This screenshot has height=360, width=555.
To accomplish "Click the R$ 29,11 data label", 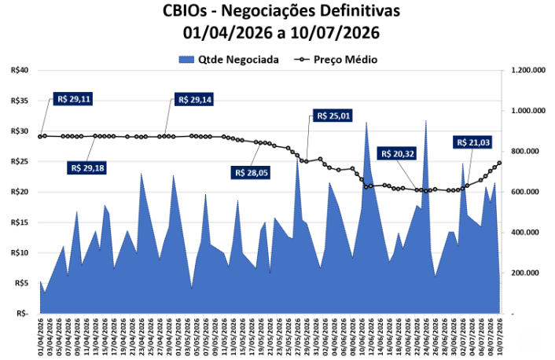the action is tap(73, 99).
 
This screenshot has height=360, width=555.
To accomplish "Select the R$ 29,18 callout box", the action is tap(87, 167).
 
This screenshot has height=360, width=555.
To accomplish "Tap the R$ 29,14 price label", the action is tap(194, 100).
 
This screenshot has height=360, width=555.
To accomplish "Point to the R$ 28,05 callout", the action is tap(251, 173).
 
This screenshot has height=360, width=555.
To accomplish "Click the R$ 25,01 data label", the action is tap(333, 116).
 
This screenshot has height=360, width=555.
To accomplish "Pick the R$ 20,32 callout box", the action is tap(397, 153).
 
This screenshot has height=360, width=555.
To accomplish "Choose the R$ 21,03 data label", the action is tap(473, 142).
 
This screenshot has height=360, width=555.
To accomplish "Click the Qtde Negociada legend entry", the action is tap(229, 60).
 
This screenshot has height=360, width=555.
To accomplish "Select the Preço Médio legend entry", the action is tap(336, 60).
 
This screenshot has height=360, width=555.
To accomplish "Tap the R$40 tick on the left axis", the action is tap(19, 70).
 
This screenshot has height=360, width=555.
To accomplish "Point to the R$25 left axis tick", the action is tap(19, 161).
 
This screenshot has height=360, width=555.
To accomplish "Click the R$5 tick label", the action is tap(21, 283).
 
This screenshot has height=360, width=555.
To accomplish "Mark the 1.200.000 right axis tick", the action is tap(528, 70).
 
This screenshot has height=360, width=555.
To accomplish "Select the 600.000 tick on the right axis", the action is tap(528, 192).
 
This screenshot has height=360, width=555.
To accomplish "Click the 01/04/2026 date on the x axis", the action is tap(40, 336).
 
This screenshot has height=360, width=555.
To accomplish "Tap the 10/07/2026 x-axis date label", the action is tap(500, 336).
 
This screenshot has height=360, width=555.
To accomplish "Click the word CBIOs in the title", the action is tap(185, 11).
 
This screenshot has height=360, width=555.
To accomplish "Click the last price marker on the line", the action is tap(500, 163).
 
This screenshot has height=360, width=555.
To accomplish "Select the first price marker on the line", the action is tap(40, 137).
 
